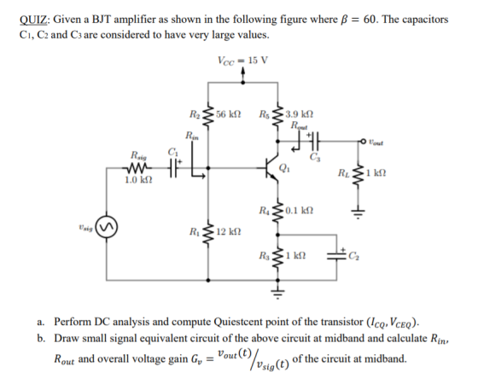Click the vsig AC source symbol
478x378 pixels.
coord(107,228)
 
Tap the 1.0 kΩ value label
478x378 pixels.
coord(138,180)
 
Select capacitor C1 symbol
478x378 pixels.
coord(173,167)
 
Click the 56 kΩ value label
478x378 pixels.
coord(228,114)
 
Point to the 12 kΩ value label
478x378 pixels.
coord(229,232)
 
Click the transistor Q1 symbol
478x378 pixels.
coord(271,168)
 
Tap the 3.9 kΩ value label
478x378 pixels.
coord(299,114)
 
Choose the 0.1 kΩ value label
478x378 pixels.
coord(299,211)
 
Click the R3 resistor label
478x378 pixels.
coord(264,255)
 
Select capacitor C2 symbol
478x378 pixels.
coord(336,255)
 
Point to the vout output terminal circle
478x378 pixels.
coord(363,141)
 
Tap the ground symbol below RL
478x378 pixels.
coord(358,214)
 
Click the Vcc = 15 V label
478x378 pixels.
coord(242,60)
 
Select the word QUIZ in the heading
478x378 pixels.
coord(33,20)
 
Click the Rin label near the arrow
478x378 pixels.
coord(192,136)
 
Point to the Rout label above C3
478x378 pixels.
coord(299,125)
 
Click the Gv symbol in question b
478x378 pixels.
coord(197,358)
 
